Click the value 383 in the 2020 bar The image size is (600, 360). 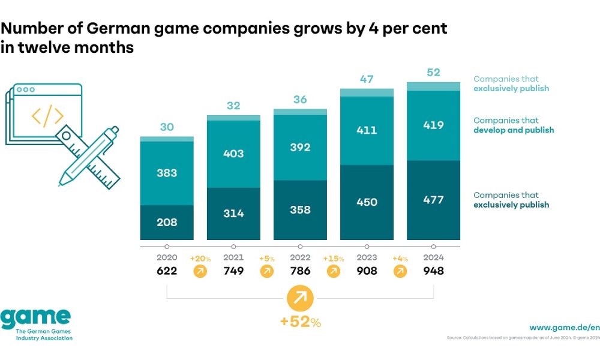[x=167, y=173]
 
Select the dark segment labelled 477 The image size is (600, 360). [x=433, y=200]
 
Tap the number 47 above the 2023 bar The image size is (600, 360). [x=367, y=79]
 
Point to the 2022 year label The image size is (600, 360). [x=300, y=257]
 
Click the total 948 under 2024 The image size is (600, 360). [x=433, y=271]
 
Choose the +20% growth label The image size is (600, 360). [x=200, y=259]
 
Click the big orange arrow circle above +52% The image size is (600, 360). [x=300, y=298]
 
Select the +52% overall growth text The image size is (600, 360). [x=300, y=322]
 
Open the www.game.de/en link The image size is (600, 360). [x=564, y=328]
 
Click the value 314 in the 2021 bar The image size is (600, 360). [x=233, y=214]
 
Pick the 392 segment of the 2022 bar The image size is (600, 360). [x=300, y=147]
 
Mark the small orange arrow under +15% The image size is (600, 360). [x=334, y=271]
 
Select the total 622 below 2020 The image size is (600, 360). [x=167, y=271]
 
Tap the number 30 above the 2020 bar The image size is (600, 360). [x=167, y=127]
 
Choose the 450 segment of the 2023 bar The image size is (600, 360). [x=367, y=202]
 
